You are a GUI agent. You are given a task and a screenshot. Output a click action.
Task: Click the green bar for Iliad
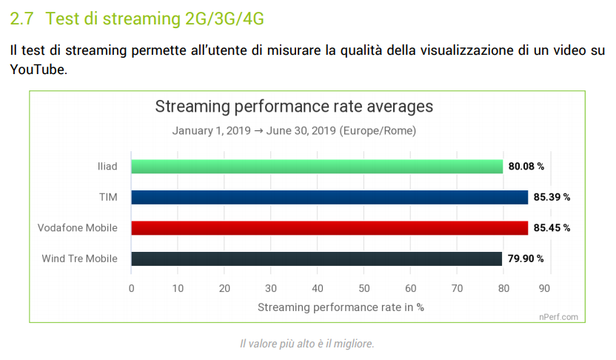tap(317, 166)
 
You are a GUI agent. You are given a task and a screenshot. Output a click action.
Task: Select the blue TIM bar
tap(329, 197)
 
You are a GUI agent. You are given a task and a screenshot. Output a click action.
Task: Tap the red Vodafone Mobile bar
tap(329, 227)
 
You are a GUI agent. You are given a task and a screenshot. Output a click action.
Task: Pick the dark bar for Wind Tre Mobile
tap(316, 259)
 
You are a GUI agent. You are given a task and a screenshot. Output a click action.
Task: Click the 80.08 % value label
tap(526, 167)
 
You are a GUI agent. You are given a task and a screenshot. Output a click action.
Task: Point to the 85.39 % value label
tap(552, 198)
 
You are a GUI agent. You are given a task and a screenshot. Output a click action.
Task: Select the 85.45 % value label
tap(552, 228)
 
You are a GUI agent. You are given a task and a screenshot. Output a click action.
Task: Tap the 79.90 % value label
tap(526, 259)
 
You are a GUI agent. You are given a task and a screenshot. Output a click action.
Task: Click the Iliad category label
tap(107, 167)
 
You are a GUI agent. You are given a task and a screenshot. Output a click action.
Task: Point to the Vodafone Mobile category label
tap(78, 228)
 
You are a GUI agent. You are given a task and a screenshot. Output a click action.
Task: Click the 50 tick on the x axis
tap(364, 289)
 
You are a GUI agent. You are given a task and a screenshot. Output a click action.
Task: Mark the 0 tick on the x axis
tap(131, 289)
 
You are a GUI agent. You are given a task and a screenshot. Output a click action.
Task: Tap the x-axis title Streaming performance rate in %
tap(341, 306)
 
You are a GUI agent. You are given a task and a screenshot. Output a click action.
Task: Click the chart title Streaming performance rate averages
tap(294, 107)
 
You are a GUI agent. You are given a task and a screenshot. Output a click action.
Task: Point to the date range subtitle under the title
tap(294, 131)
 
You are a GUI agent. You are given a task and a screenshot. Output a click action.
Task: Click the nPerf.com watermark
tap(558, 316)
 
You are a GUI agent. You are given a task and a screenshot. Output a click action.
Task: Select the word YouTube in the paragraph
tap(37, 70)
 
